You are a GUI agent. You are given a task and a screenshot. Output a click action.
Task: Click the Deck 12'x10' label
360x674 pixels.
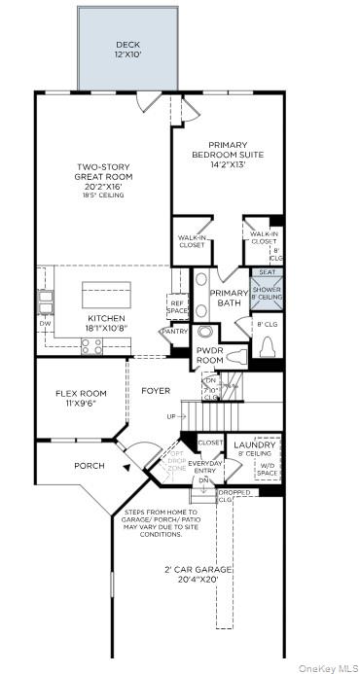[128, 50]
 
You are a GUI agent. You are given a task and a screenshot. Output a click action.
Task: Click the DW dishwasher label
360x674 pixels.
[44, 324]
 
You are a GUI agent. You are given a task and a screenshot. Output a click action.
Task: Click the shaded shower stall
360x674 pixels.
[267, 289]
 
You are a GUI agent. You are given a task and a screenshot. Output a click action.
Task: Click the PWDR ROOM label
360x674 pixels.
[210, 355]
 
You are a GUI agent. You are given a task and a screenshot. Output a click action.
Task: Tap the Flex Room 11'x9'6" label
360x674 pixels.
[80, 398]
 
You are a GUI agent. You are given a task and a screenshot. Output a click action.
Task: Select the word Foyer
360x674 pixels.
[156, 391]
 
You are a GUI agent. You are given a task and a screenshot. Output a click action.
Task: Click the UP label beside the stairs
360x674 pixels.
[172, 415]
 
